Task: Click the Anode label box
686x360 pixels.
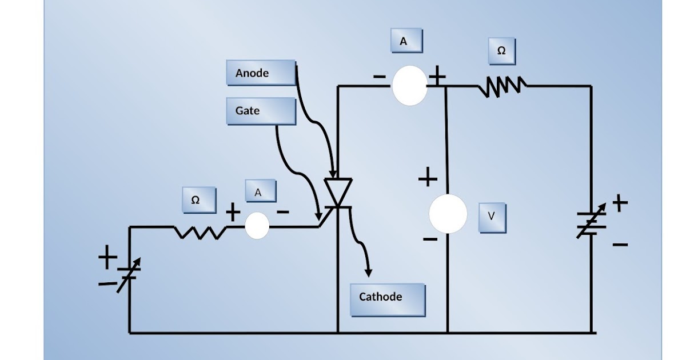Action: click(261, 73)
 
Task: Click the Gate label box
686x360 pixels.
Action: click(261, 111)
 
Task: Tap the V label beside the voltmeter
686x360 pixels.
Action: click(491, 217)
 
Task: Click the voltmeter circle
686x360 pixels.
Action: click(448, 214)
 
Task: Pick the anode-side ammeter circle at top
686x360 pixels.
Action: click(409, 86)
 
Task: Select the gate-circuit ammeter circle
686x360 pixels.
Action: click(257, 226)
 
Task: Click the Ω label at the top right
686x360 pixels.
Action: click(501, 51)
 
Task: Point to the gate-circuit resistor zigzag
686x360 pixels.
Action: click(200, 231)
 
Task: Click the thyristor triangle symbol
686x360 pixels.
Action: click(338, 192)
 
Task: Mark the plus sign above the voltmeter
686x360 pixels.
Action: click(428, 178)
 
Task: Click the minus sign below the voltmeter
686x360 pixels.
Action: click(430, 239)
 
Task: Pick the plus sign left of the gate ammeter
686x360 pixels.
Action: click(233, 213)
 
